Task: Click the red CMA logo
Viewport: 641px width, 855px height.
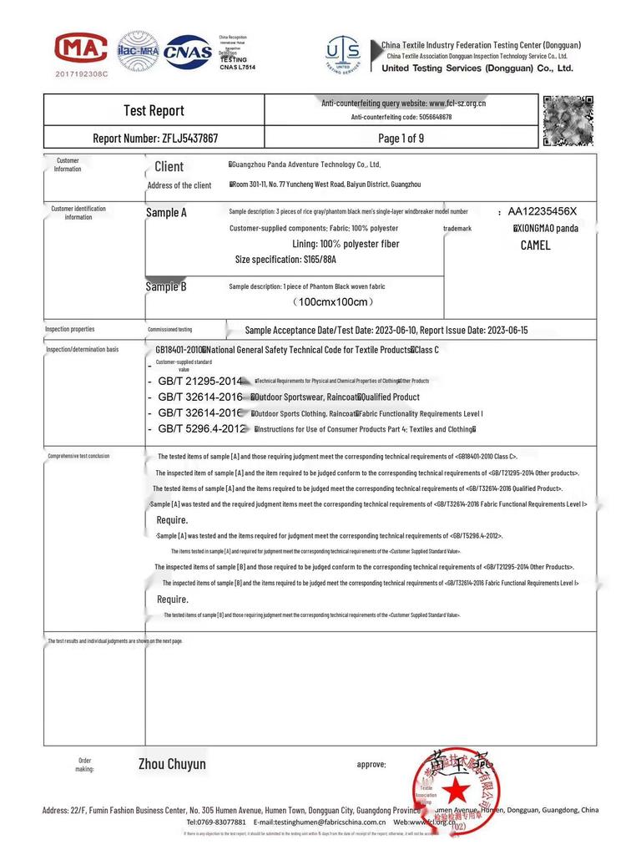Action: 81,48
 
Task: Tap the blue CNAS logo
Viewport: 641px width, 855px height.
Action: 188,52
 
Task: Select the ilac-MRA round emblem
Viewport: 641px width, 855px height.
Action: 138,51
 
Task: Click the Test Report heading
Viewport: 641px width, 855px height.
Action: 154,110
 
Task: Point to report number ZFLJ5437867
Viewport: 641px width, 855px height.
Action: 155,138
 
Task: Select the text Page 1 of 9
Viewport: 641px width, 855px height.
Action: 401,138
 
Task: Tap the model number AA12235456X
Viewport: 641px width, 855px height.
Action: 542,211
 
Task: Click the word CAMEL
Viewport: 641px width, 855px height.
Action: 535,245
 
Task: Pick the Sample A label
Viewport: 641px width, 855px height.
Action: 166,213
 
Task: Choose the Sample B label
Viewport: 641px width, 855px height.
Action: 166,286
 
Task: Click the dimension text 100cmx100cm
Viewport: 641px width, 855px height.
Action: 333,301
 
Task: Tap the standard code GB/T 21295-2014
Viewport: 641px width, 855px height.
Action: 199,382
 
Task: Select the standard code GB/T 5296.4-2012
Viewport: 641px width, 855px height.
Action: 201,429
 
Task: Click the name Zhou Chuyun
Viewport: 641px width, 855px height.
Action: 172,764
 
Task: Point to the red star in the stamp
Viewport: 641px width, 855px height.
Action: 456,789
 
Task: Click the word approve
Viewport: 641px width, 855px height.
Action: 371,764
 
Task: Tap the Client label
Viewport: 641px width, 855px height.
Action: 169,167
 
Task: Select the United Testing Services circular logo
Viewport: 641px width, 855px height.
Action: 343,54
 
